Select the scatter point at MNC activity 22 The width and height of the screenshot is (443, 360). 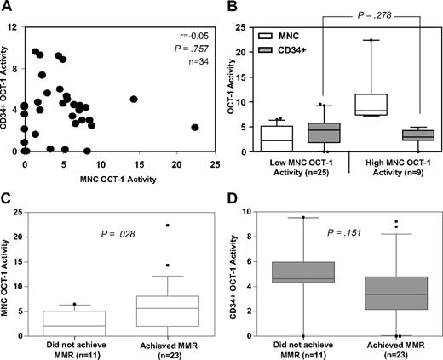(195, 127)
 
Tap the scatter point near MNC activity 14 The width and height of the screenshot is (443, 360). (134, 99)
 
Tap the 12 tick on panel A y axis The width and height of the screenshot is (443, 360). (18, 27)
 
